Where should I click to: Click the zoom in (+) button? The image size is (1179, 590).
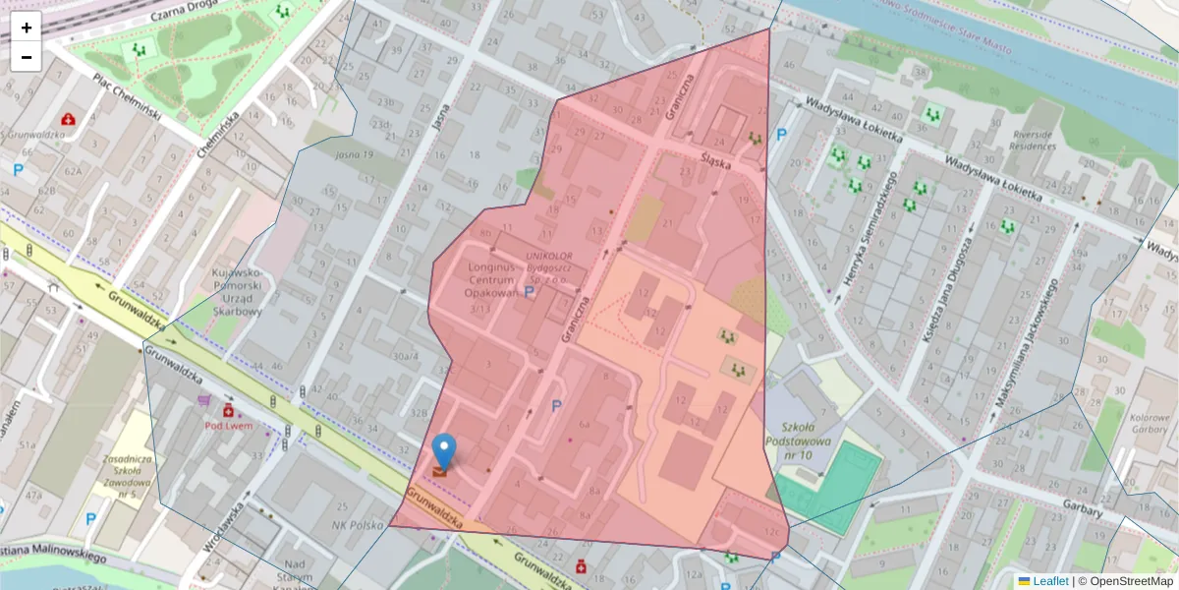point(27,28)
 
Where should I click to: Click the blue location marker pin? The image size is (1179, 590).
point(444,451)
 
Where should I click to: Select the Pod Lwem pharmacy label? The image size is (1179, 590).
point(226,426)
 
